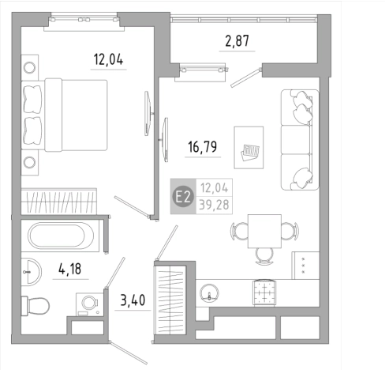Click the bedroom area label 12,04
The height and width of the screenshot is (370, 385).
[x=108, y=59]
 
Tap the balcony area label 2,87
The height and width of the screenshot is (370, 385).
[x=237, y=41]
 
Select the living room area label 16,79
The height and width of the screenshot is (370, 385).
[x=203, y=147]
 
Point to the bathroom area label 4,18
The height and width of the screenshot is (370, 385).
[x=70, y=269]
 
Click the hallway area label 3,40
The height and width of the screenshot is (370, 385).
[x=133, y=300]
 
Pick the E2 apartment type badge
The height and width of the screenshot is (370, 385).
[x=183, y=197]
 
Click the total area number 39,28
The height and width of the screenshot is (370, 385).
[x=214, y=205]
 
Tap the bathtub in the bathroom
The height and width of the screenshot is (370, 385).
[x=61, y=236]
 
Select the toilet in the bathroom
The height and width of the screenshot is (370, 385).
[x=36, y=306]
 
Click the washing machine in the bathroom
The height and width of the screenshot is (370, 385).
[x=89, y=304]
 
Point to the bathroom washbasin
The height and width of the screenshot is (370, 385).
[x=31, y=272]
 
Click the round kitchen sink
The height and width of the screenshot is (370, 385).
[x=209, y=293]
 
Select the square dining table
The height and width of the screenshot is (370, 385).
[x=264, y=231]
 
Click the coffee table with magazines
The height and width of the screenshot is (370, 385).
[x=249, y=148]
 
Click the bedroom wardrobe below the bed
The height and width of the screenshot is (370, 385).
[x=59, y=201]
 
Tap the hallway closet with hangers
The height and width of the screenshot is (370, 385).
[x=170, y=300]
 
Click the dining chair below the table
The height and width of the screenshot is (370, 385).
[x=264, y=256]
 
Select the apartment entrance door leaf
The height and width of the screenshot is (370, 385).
[x=129, y=353]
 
